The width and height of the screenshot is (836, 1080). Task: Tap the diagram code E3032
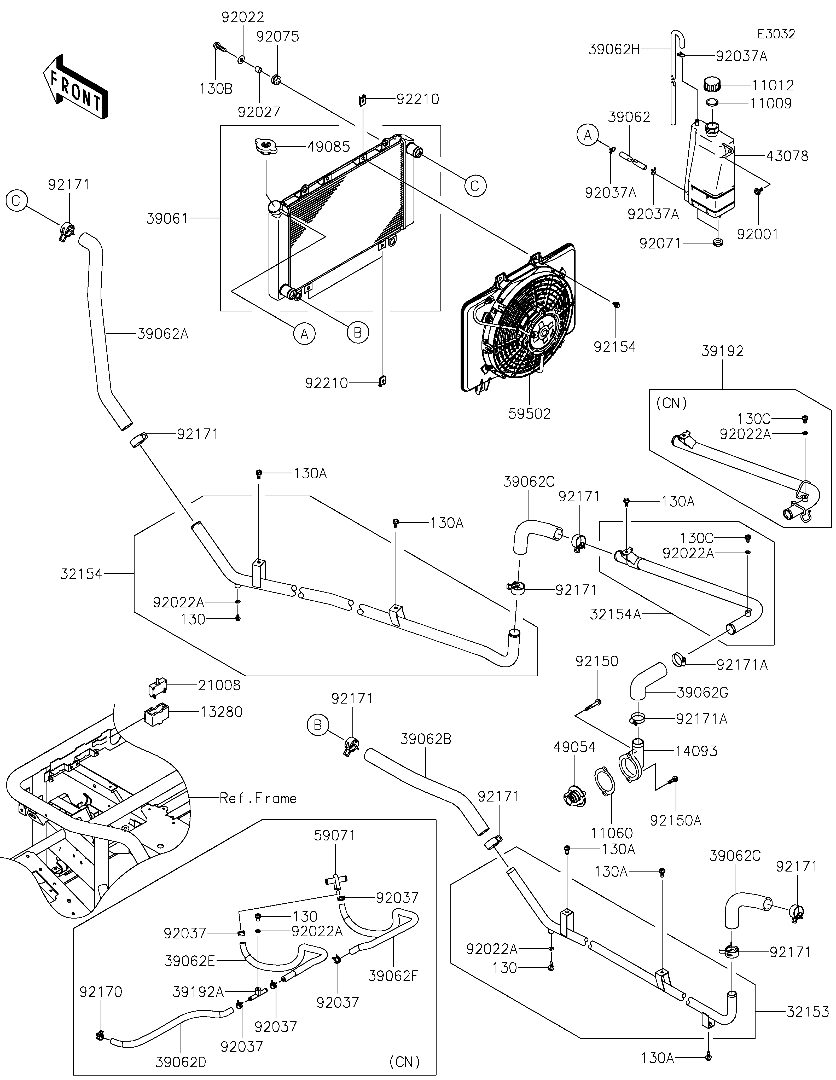[776, 34]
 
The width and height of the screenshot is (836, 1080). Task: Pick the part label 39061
[168, 218]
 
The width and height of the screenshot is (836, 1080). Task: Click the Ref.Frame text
[258, 798]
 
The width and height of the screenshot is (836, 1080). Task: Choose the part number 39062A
[163, 334]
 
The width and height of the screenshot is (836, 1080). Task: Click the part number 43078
[787, 156]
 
